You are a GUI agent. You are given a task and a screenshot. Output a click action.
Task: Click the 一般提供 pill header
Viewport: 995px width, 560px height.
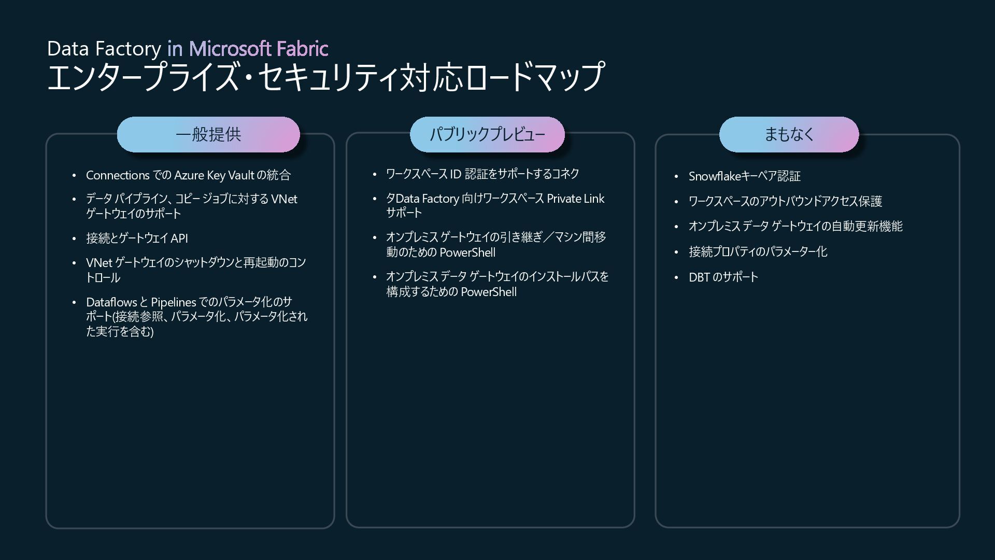[208, 135]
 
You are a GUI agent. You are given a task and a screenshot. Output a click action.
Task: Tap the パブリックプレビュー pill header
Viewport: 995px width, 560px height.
[487, 135]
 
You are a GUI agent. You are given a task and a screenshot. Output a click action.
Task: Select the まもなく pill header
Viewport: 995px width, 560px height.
[789, 135]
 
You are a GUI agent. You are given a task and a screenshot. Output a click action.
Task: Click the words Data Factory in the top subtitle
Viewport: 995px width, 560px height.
[104, 49]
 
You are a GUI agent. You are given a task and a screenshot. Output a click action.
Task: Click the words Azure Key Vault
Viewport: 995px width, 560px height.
[214, 175]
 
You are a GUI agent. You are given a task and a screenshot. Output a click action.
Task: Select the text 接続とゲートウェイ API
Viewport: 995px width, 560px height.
[137, 238]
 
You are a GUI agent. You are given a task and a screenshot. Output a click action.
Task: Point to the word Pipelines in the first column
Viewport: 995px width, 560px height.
[174, 302]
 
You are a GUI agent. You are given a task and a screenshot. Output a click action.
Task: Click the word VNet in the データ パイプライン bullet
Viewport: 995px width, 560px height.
[284, 199]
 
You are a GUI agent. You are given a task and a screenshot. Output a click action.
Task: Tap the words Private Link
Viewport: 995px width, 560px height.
[575, 199]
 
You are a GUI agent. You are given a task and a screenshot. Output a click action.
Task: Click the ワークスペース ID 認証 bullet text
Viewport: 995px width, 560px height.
[482, 174]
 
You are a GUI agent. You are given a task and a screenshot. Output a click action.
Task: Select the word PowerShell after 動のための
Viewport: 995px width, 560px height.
[467, 253]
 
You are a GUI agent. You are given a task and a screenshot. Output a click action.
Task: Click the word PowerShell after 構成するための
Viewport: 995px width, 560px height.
[489, 292]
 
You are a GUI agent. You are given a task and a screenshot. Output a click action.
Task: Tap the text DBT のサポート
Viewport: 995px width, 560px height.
[723, 277]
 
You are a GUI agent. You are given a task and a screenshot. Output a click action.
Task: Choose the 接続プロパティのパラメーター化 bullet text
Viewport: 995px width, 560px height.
[758, 252]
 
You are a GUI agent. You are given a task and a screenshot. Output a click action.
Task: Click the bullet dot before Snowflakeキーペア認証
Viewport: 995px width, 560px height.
[676, 177]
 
